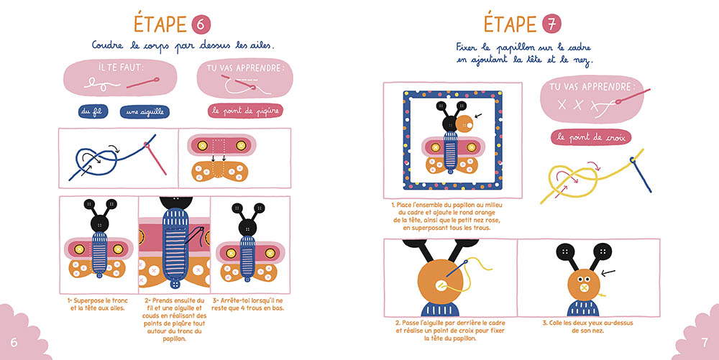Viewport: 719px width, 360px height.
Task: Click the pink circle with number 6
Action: point(201,24)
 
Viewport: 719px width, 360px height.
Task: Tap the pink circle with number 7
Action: point(551,24)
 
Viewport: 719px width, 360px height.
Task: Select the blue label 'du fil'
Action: point(93,111)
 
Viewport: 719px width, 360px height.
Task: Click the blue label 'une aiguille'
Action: point(145,112)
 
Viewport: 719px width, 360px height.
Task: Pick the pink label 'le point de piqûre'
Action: point(245,111)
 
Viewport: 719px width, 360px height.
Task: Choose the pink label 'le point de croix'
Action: point(591,137)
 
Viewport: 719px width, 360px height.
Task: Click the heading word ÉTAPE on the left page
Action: point(160,24)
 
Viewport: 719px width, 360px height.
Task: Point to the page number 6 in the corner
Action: point(14,342)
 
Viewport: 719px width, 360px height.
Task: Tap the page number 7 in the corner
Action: point(705,342)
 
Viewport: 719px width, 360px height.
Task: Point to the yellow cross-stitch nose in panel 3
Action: point(584,287)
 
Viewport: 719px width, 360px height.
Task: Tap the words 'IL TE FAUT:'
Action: point(121,68)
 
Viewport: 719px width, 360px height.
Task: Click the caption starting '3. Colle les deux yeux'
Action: point(587,326)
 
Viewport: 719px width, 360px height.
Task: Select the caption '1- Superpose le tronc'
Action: point(98,304)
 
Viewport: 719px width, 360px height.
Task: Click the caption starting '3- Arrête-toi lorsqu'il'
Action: point(247,304)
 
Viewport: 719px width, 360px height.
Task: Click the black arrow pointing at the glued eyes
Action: point(608,273)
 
